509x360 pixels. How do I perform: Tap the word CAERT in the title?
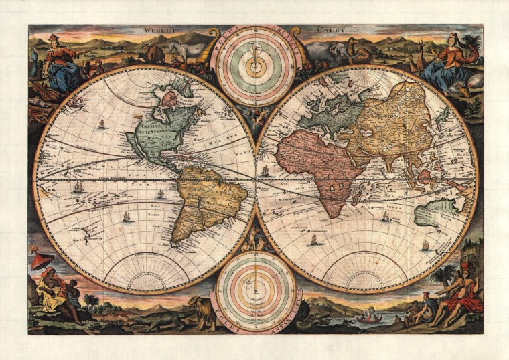(315, 29)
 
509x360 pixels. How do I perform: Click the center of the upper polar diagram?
(254, 66)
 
